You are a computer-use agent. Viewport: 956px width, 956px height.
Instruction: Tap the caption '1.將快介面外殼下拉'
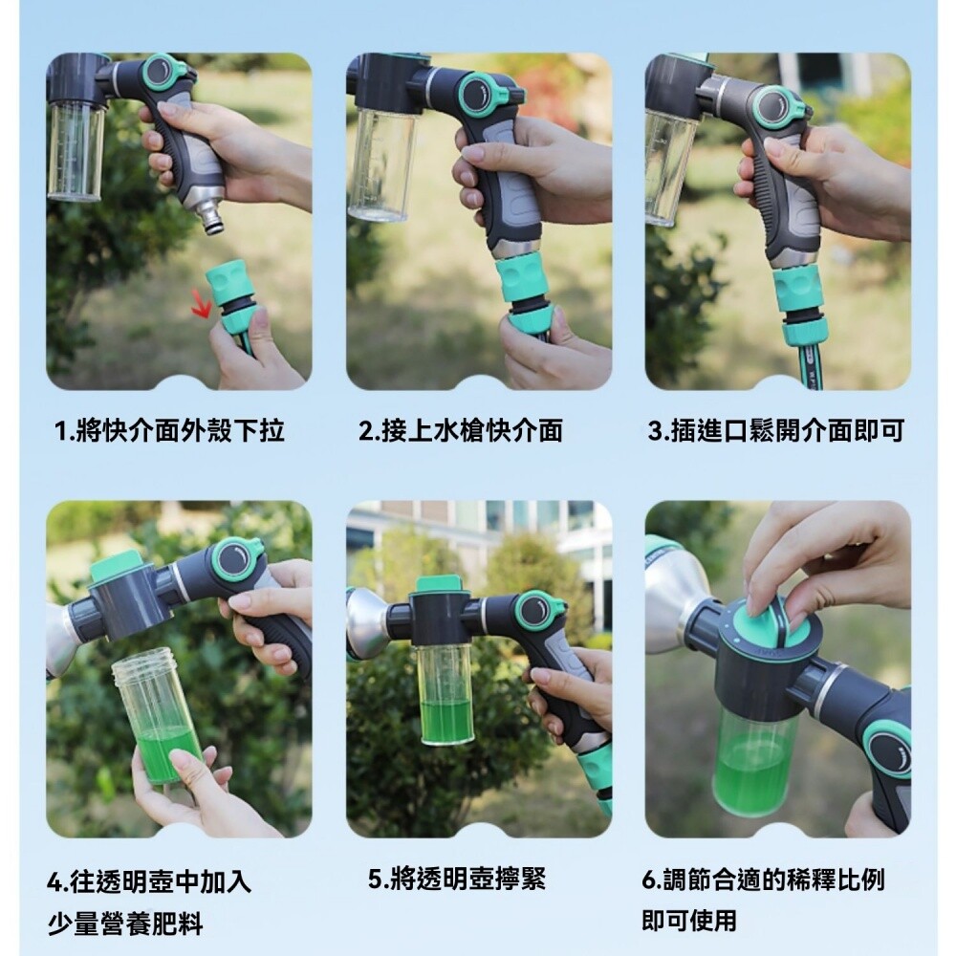click(x=169, y=430)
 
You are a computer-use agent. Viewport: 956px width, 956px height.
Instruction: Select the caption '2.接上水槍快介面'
click(x=461, y=430)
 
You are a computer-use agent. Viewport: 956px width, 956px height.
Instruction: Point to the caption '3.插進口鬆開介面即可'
click(x=775, y=430)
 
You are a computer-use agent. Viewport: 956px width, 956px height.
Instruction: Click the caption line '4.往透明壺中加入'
click(x=149, y=881)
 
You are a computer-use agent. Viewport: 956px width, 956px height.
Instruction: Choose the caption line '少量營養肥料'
click(x=125, y=924)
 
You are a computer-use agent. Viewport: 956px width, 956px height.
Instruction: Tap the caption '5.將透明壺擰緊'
click(x=457, y=879)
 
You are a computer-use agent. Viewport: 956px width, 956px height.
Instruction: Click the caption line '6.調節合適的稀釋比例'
click(x=763, y=880)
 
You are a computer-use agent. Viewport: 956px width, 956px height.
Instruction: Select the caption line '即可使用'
click(x=689, y=920)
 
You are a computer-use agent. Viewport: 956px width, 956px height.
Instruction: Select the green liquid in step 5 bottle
click(x=446, y=721)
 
